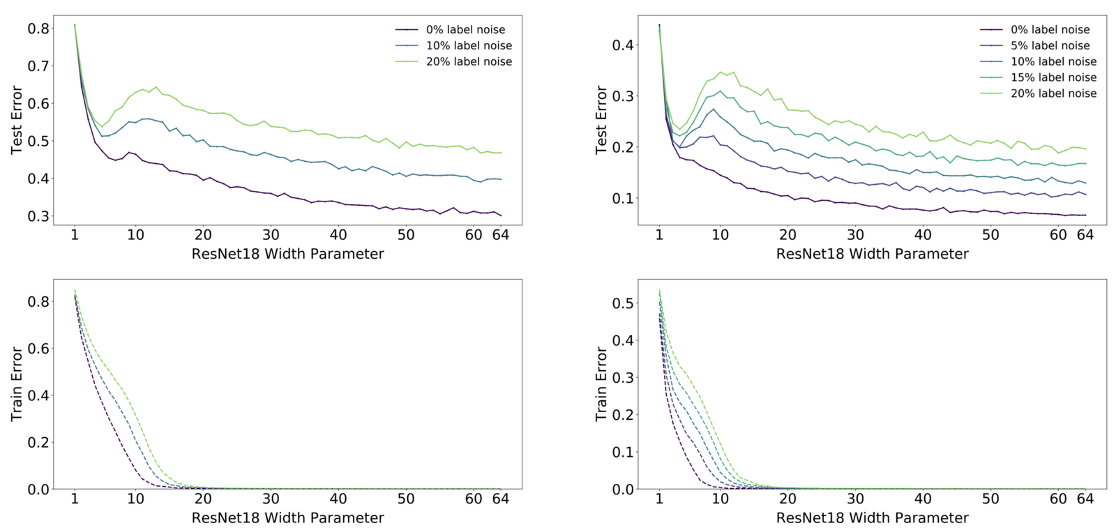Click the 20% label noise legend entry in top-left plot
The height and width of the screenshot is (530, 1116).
469,61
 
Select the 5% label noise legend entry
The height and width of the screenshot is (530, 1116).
1050,45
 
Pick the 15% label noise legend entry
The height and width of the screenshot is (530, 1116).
1053,77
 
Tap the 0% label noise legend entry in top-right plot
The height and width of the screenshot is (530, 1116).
1050,29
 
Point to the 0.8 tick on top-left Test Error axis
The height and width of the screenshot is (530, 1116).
38,29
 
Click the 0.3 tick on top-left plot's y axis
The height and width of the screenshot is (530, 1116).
38,216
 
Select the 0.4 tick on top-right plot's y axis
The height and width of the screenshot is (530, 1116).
623,45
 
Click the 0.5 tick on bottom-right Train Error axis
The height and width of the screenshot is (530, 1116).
623,303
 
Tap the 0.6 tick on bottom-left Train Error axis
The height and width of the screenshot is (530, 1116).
38,349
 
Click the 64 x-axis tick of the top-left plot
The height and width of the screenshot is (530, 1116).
500,235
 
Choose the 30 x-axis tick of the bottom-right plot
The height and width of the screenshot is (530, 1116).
855,499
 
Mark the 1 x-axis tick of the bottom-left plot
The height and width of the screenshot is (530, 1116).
75,499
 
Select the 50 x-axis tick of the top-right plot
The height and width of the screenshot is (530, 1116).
990,235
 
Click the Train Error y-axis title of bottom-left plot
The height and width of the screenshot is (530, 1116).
17,384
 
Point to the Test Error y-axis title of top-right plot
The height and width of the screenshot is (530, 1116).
601,120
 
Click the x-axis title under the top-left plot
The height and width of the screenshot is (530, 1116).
287,254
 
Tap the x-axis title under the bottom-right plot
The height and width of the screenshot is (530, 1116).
872,518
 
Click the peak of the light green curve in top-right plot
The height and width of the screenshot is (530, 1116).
721,72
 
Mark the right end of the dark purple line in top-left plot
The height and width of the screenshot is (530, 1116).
500,215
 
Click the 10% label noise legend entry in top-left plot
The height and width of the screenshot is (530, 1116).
469,45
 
